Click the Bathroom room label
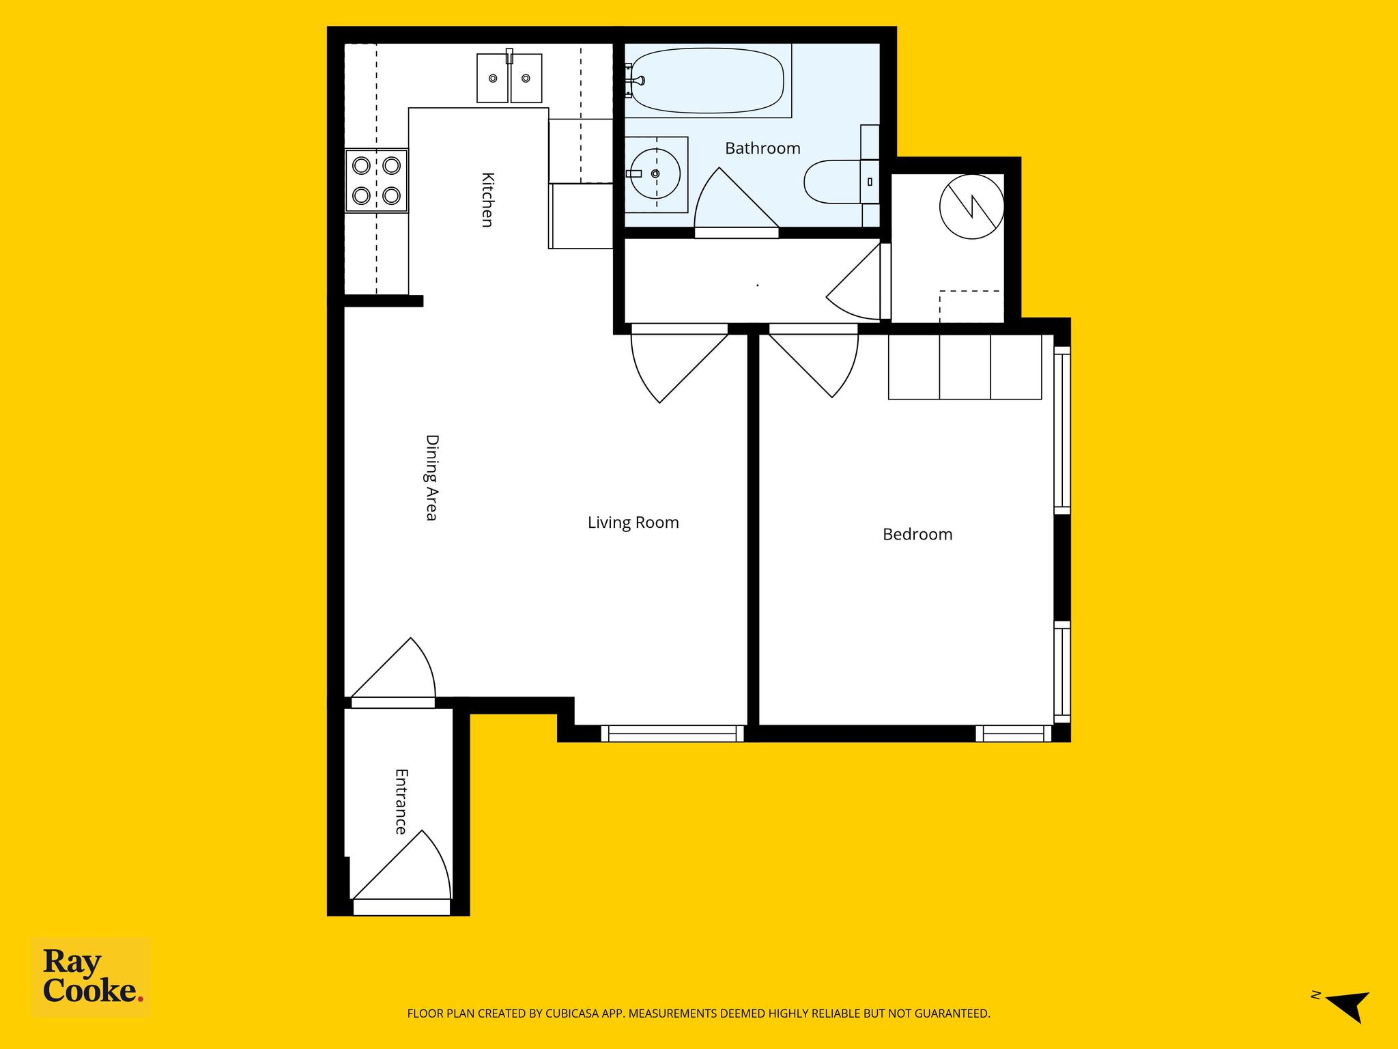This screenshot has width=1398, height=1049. coord(762,148)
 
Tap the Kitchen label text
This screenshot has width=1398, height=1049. coord(487,199)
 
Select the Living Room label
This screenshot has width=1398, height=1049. coord(633,522)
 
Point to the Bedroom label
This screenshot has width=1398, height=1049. coord(917,534)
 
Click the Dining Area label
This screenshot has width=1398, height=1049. coord(431,477)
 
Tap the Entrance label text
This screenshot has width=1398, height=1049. coord(401,802)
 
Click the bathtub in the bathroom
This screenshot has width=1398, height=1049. coord(707,80)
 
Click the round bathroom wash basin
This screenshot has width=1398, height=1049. coord(655,173)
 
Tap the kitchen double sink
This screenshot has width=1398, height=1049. coord(509,78)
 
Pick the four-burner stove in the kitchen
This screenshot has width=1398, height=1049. coord(376,180)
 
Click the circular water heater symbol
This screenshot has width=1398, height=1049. coord(972,206)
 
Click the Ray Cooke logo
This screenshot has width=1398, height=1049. coord(91,977)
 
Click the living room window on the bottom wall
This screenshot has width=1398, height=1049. coord(672,733)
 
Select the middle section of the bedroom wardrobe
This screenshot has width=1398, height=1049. coord(965,367)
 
